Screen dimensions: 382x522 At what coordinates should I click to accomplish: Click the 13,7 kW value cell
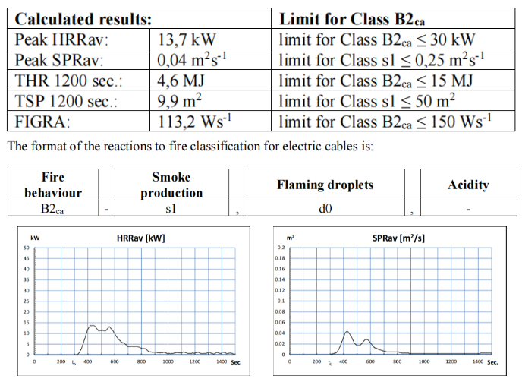pos(186,39)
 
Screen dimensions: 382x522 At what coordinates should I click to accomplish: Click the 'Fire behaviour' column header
pos(53,185)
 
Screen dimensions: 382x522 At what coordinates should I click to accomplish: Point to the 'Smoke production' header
pos(171,185)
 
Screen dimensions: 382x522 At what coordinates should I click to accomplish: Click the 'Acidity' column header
pos(468,185)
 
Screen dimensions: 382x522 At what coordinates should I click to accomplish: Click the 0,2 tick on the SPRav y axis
pos(280,248)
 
